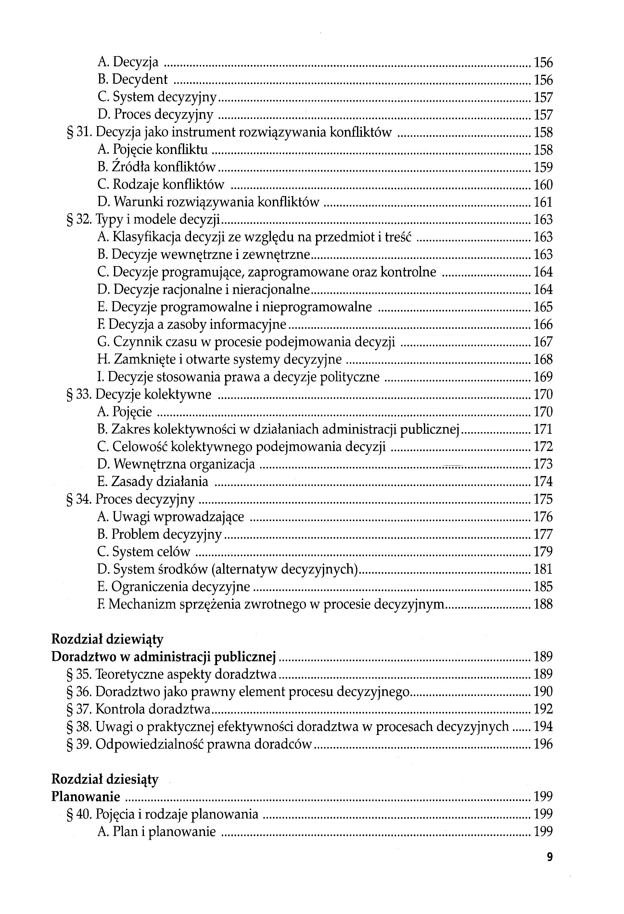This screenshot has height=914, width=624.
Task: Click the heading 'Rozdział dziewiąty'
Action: pos(107,639)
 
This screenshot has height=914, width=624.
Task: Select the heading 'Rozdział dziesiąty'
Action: pos(105,779)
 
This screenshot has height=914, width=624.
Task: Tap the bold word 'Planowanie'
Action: pos(86,796)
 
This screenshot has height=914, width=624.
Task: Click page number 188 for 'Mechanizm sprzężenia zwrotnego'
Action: pos(543,604)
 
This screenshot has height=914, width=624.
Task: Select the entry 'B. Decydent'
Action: pos(133,80)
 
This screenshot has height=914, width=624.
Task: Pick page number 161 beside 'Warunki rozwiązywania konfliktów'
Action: pos(543,202)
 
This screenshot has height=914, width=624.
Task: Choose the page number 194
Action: pos(543,727)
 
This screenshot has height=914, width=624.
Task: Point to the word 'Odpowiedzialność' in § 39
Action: pos(149,744)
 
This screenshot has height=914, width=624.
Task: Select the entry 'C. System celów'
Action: pos(144,552)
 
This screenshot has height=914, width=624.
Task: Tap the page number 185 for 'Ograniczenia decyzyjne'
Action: pos(543,587)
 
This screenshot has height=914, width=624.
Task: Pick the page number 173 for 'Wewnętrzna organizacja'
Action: pos(543,464)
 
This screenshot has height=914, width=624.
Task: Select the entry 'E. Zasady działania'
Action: pos(153,482)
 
